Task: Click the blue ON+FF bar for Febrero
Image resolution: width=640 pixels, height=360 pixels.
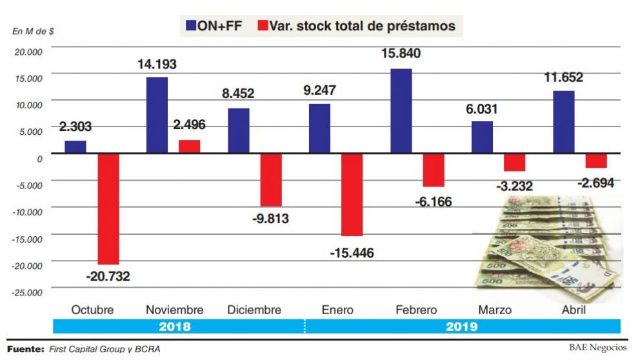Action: coord(401,111)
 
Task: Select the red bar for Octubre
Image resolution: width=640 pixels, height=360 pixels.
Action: coord(108,208)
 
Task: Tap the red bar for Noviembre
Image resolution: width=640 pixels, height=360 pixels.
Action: coord(190,146)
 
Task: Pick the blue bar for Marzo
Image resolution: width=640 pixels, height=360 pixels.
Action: coord(482,137)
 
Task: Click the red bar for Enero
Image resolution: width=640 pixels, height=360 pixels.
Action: coord(352,194)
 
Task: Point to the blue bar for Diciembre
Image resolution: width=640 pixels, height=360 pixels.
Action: coord(238,130)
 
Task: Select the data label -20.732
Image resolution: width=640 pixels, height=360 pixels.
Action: coord(108,276)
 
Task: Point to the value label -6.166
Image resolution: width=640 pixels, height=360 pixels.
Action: coord(433,202)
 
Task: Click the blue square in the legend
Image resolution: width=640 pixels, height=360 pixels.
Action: coord(191,26)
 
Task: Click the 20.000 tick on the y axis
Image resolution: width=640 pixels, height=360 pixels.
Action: coord(28,51)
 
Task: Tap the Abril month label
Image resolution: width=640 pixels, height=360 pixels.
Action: coord(574,310)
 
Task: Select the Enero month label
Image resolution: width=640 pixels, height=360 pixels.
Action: coord(337,310)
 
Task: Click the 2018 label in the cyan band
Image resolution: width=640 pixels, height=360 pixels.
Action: coord(175,326)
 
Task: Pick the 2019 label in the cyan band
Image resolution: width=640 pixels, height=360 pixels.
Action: coord(461,326)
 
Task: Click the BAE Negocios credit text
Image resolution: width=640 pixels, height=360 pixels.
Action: coord(597,347)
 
